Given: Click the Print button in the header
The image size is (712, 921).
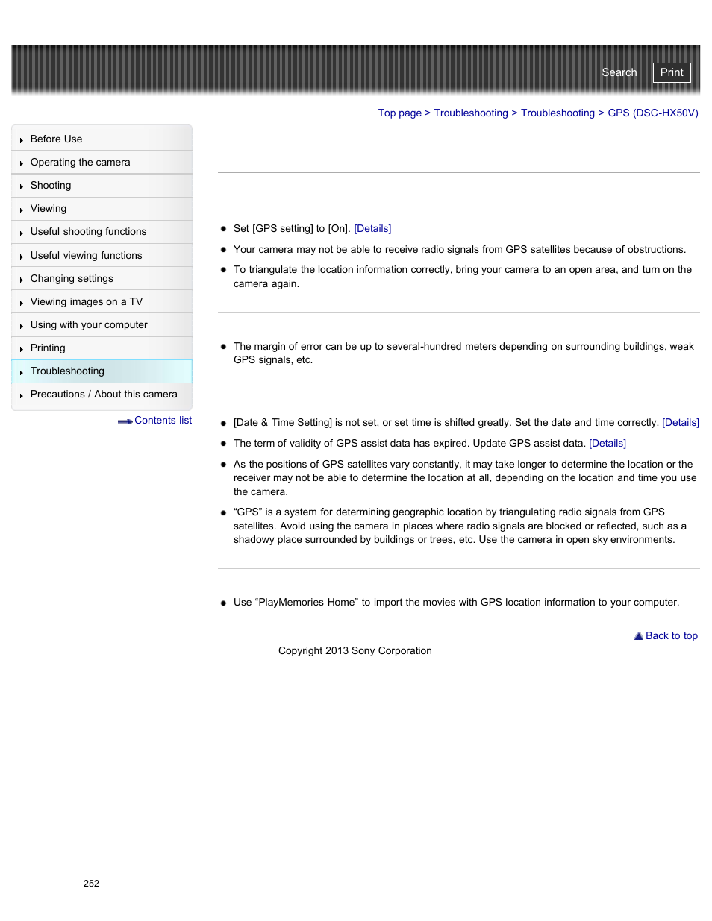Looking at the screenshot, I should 671,72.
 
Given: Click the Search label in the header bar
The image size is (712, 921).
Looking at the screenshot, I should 619,72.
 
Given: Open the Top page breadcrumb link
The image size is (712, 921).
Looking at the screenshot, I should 399,113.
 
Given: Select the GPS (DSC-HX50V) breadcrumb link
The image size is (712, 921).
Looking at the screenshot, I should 652,113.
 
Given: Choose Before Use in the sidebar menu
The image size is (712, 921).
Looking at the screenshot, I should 56,139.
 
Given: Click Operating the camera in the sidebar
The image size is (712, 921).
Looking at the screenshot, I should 80,163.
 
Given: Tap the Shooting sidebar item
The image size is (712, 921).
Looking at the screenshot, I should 51,186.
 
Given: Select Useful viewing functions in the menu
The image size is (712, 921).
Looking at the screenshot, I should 86,256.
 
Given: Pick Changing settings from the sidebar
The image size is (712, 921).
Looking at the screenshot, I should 72,279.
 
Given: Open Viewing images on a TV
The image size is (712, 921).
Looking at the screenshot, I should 86,302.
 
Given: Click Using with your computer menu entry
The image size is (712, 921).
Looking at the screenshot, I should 89,325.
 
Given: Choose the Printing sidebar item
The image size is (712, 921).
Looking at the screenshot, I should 48,348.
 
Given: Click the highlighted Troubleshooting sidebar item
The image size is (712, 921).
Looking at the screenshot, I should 67,371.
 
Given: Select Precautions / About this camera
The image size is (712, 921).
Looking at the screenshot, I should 104,395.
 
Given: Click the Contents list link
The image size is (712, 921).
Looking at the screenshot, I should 162,421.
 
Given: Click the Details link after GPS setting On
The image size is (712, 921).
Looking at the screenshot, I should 372,229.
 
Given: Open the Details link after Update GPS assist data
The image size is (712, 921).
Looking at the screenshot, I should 607,444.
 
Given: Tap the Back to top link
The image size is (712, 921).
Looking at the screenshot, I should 670,636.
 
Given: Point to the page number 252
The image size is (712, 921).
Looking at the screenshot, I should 91,884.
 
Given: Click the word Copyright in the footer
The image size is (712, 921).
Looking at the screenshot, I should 300,651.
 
